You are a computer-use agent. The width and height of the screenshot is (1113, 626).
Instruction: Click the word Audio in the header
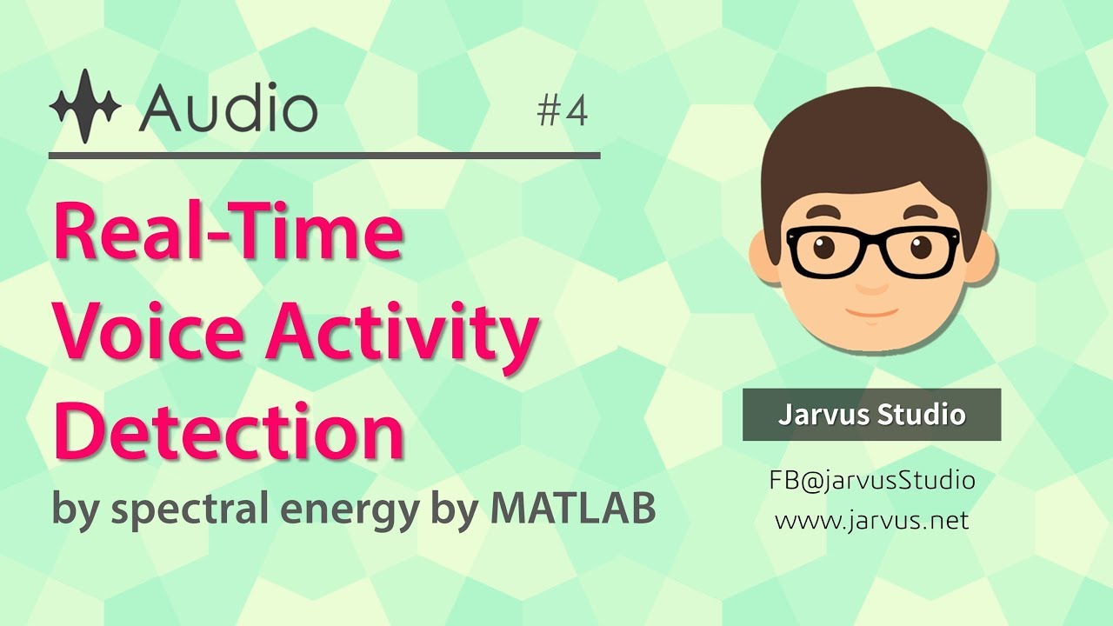[x=228, y=108]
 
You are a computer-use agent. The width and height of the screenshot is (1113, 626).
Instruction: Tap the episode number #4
[x=563, y=111]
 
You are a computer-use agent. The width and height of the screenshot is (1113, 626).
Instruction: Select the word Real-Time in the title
[x=229, y=232]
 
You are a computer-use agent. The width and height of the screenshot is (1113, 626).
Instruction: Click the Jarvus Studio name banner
[x=871, y=415]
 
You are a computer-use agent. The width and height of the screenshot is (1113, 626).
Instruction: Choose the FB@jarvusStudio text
[x=871, y=480]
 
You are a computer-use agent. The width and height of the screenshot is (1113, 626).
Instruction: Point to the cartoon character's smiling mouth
[x=872, y=311]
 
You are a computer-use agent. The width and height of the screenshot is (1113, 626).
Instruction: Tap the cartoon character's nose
[x=872, y=284]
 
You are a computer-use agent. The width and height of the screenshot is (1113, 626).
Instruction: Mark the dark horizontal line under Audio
[x=324, y=156]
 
